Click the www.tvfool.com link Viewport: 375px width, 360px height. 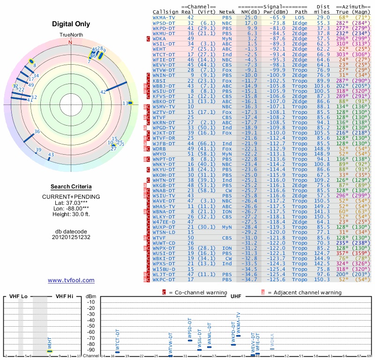(x=71, y=280)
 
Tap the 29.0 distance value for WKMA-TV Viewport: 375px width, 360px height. (x=323, y=17)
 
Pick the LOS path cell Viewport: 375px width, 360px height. (x=299, y=17)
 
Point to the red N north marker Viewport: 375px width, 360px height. (x=71, y=42)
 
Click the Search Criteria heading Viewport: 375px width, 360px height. (x=71, y=186)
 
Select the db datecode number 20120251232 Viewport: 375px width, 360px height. (x=71, y=237)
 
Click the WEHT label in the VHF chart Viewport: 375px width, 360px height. (x=50, y=343)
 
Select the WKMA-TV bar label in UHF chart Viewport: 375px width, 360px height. (x=239, y=323)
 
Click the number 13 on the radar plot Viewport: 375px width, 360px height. (x=125, y=103)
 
